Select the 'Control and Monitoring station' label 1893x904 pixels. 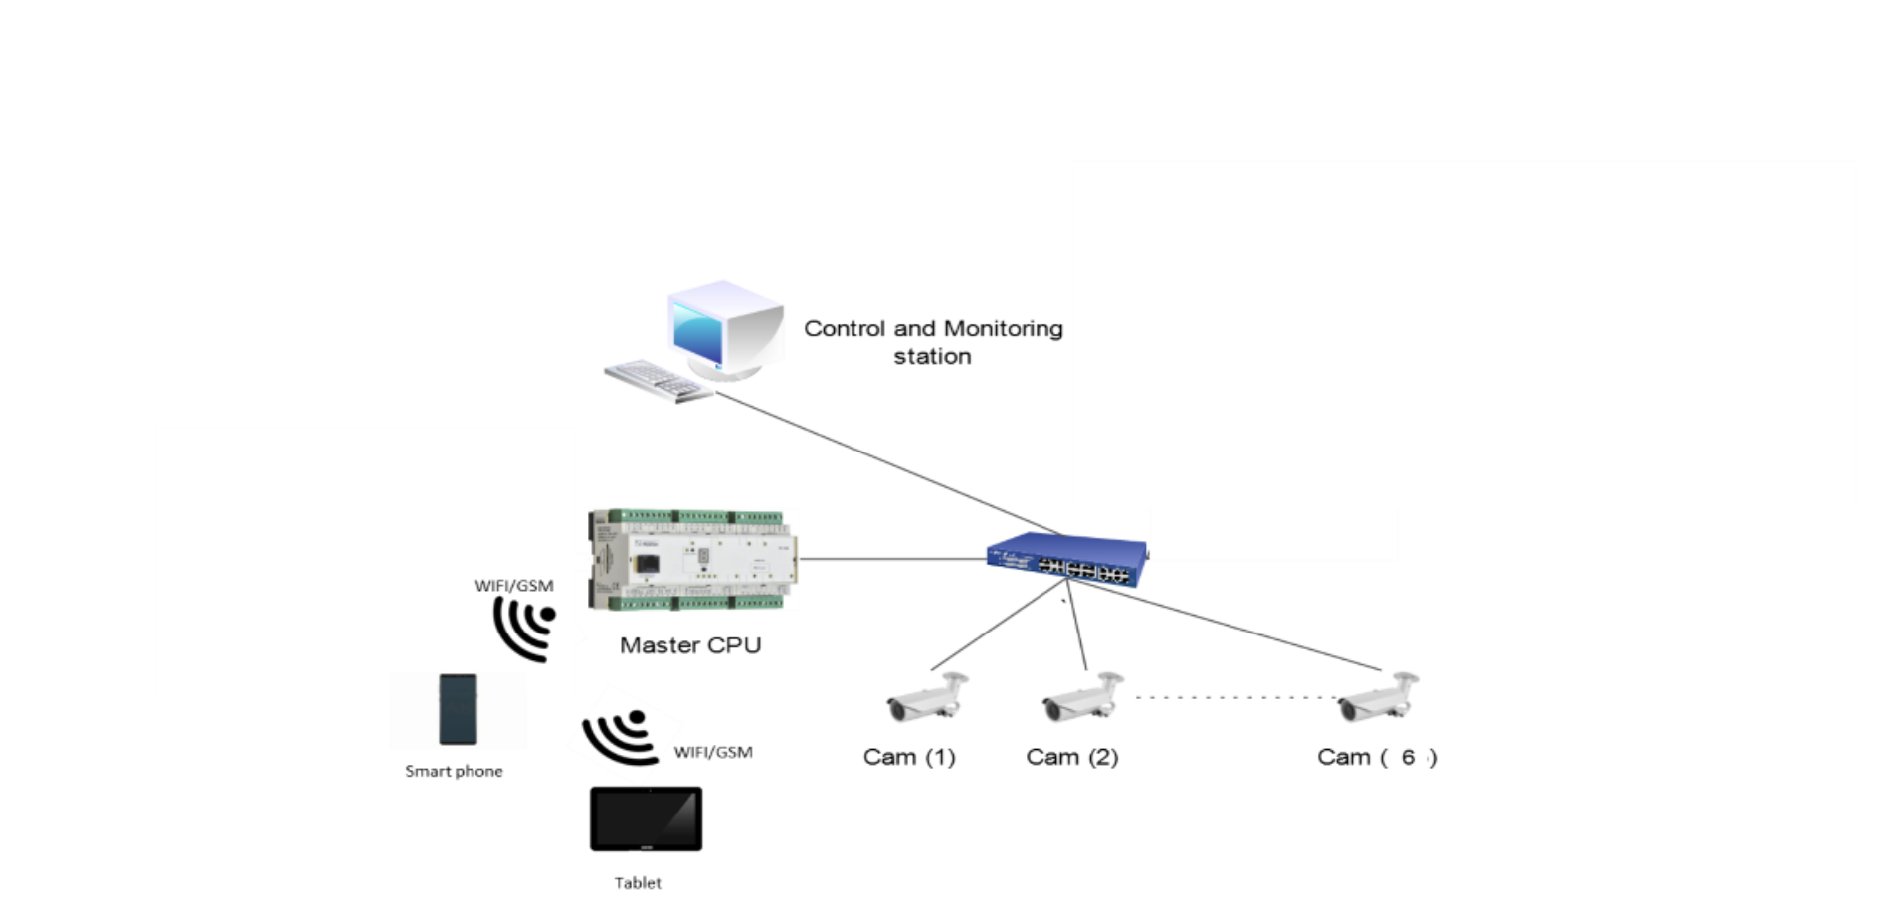point(933,342)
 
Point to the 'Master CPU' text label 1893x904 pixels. point(691,646)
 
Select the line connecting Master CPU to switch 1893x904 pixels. point(891,559)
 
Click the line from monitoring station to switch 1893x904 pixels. point(885,462)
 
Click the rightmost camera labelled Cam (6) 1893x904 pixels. point(1380,699)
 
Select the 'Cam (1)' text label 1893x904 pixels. point(909,758)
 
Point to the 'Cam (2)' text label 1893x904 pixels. point(1072,758)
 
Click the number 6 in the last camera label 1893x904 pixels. point(1408,758)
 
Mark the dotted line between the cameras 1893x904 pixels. point(1234,697)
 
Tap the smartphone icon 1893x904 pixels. point(458,709)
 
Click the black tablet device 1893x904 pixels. point(646,819)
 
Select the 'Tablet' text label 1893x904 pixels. point(638,883)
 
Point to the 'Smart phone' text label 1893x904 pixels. point(455,772)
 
